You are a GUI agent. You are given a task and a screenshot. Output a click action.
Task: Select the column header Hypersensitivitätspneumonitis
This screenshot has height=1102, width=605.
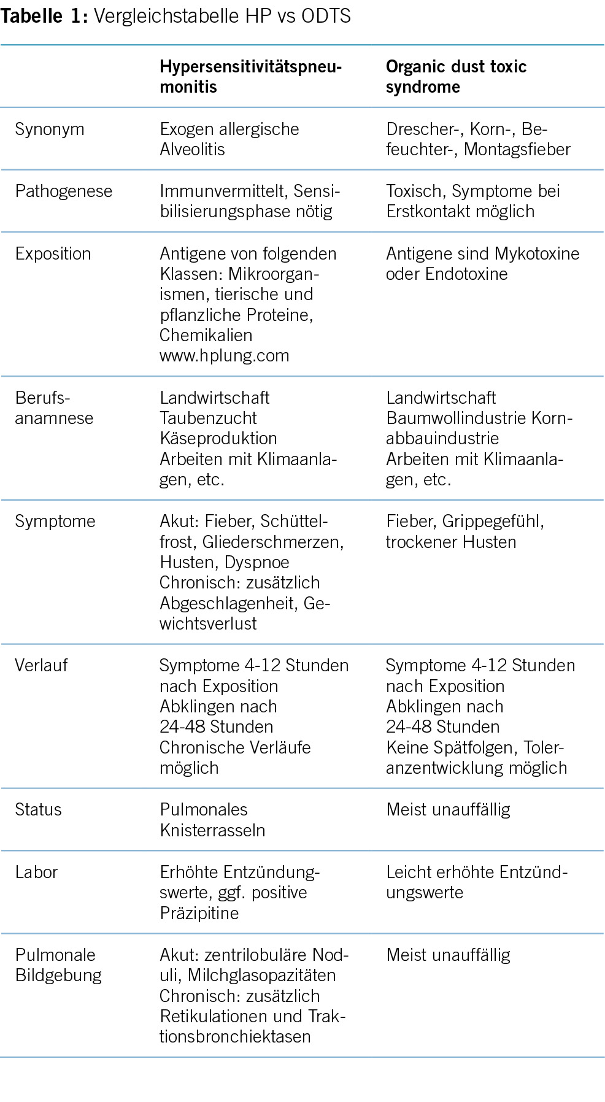(250, 76)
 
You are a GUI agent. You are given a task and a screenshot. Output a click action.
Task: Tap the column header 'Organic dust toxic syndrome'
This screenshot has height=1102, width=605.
(456, 76)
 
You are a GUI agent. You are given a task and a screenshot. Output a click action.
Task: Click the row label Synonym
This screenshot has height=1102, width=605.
(50, 129)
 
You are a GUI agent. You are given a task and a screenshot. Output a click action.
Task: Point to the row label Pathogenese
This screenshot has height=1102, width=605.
(64, 191)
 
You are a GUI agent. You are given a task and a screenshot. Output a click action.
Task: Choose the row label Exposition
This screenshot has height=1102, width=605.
(53, 253)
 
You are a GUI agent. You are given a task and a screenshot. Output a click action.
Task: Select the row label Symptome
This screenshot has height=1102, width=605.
(55, 521)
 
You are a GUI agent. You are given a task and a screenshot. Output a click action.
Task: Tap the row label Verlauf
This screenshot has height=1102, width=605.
(41, 665)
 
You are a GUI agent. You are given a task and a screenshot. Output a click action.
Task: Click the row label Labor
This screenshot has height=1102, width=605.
(36, 872)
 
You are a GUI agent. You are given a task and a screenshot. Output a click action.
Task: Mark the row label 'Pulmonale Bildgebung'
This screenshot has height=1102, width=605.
(58, 965)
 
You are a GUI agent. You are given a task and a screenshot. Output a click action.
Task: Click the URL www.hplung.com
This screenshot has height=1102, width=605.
(224, 355)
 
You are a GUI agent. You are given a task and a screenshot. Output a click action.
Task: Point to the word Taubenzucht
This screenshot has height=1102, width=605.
(209, 418)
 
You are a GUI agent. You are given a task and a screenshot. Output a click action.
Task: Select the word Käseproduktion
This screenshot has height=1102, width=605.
(218, 438)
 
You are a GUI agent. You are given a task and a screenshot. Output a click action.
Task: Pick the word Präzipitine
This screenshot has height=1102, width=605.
(199, 913)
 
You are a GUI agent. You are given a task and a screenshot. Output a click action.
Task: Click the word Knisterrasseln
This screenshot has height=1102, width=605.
(212, 830)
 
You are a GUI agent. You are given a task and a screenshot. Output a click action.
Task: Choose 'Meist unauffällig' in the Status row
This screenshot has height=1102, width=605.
(448, 809)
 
